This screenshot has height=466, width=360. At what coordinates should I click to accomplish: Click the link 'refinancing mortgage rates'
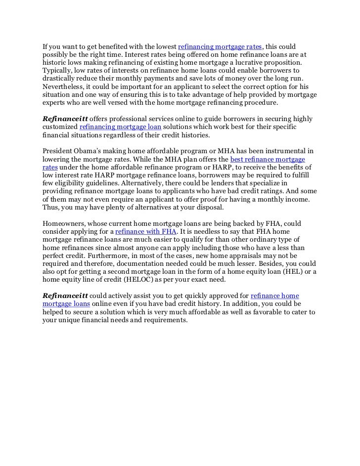219,47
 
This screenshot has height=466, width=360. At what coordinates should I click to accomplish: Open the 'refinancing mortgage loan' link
120,127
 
